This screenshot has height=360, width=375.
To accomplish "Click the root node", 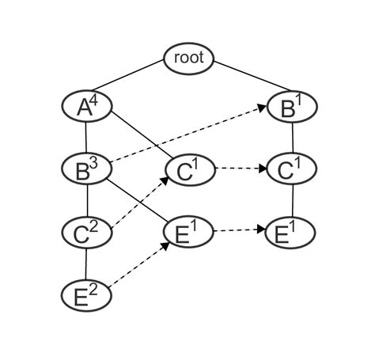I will click(189, 58).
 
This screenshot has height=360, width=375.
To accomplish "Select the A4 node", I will click(86, 106).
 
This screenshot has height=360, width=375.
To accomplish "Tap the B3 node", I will click(86, 169).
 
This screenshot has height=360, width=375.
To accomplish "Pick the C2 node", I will click(86, 232).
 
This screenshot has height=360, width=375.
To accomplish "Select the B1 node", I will click(292, 106).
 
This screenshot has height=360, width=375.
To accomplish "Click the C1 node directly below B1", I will click(292, 169).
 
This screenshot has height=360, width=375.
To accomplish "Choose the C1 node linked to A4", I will click(189, 170).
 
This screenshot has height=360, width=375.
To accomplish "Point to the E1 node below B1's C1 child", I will click(292, 232).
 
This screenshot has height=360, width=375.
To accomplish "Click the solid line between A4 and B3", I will click(86, 137).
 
